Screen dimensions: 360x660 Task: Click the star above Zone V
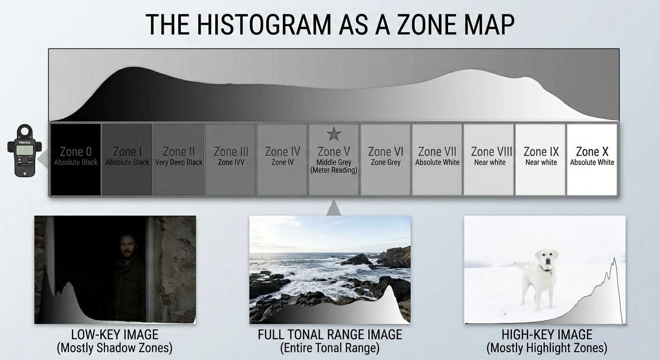click(x=333, y=135)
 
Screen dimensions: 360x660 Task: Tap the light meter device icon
click(x=24, y=150)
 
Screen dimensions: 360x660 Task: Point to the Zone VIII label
click(x=491, y=152)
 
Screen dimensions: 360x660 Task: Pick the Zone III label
click(x=231, y=152)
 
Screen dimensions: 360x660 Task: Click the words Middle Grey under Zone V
click(x=333, y=162)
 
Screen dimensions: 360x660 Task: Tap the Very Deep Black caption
click(x=179, y=162)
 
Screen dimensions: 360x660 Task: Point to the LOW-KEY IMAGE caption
click(x=115, y=335)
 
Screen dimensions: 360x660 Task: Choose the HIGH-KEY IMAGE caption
click(x=547, y=335)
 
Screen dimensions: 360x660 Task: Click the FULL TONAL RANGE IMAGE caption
click(x=330, y=335)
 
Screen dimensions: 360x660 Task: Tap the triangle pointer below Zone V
click(x=333, y=208)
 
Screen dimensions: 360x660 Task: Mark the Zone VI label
click(x=386, y=152)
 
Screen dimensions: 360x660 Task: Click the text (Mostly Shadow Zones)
click(x=115, y=348)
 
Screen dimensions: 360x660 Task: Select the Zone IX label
click(x=541, y=152)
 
